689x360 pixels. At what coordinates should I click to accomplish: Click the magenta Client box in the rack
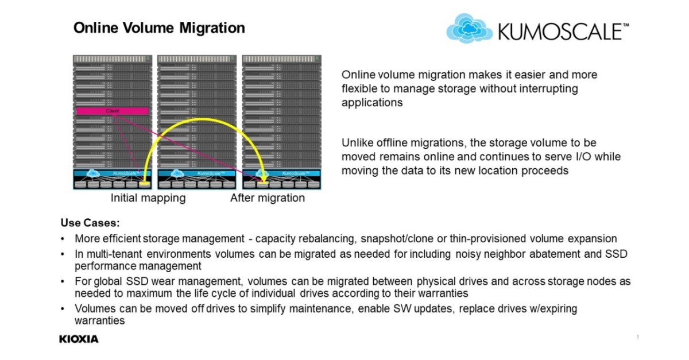(113, 111)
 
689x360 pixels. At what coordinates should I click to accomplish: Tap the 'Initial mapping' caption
(148, 198)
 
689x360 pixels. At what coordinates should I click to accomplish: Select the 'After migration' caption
(268, 198)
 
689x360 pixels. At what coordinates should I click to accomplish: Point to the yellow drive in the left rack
(144, 184)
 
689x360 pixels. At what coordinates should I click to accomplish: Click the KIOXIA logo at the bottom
(79, 339)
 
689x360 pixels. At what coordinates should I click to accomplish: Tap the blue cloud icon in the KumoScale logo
(469, 29)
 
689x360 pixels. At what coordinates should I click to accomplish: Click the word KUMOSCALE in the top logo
(560, 32)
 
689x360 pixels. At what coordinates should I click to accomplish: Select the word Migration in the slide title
(215, 28)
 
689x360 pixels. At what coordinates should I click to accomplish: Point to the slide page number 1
(637, 336)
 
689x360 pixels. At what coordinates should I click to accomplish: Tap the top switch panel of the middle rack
(196, 59)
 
